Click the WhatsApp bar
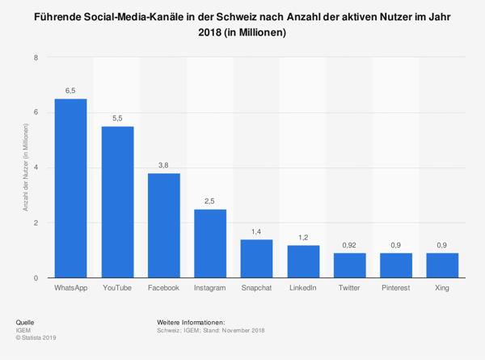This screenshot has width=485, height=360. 70,188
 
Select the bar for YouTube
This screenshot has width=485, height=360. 117,202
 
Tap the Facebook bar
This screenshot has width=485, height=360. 164,226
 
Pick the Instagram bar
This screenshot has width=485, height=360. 210,244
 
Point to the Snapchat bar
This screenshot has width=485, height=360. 256,259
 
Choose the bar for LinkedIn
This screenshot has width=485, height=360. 303,261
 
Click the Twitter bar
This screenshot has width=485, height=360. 349,265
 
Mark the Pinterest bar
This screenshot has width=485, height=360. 396,265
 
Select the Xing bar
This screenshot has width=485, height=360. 442,265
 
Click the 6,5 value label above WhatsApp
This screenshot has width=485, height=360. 70,91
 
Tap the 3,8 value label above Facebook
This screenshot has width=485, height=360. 164,165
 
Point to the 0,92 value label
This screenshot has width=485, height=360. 349,244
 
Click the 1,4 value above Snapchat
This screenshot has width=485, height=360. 256,231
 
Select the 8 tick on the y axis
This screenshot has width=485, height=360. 36,57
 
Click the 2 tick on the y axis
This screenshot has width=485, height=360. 36,222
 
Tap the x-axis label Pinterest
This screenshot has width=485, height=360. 396,288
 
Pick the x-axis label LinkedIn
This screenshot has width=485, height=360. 303,288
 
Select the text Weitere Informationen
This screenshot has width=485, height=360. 191,322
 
